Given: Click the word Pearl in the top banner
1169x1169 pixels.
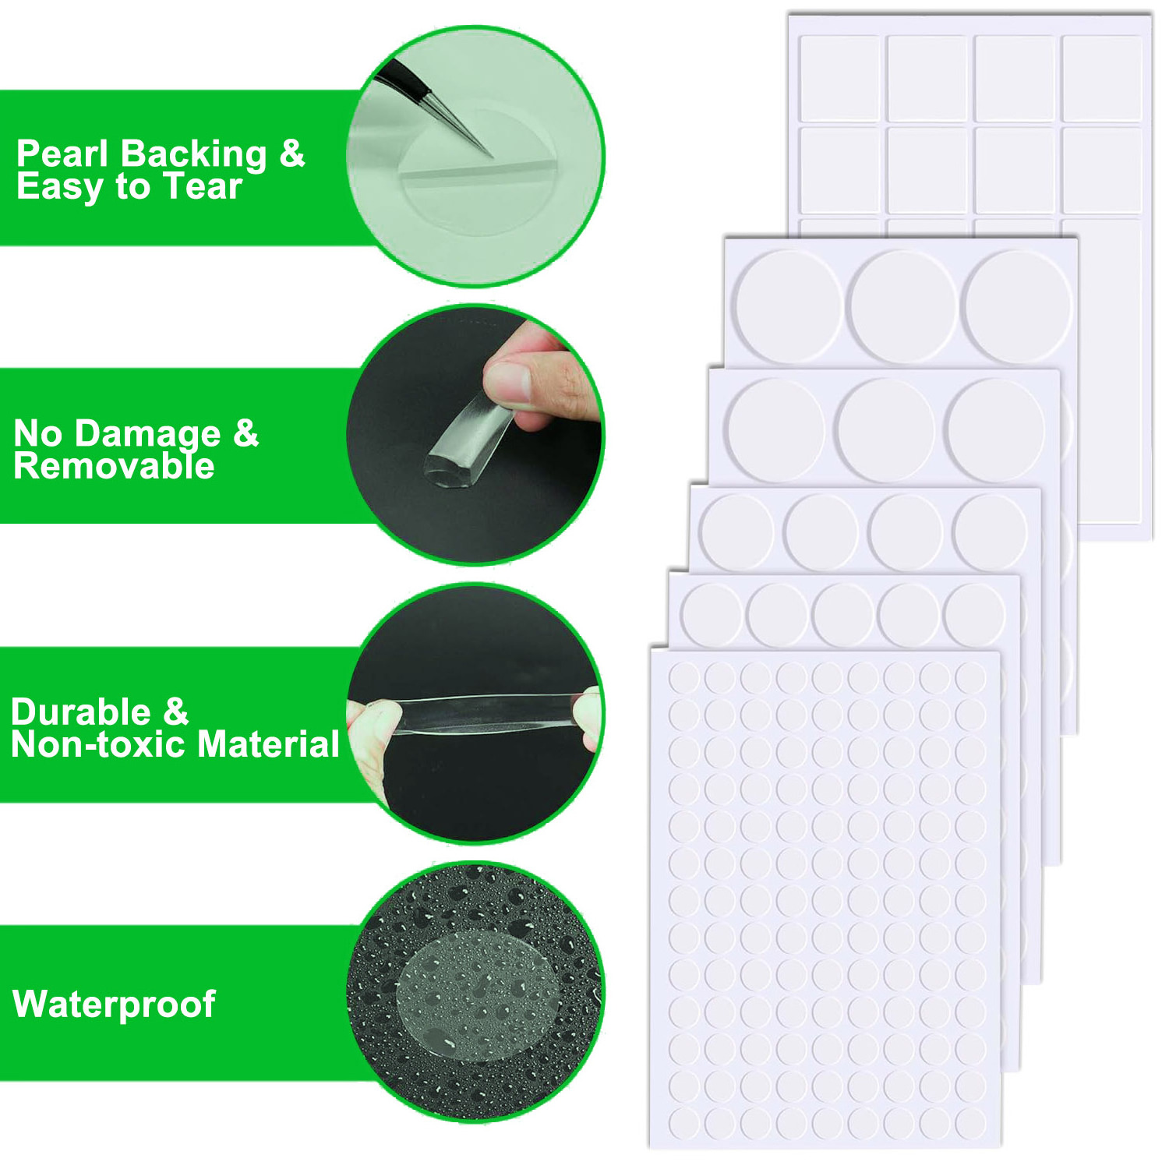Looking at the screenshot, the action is (x=62, y=154).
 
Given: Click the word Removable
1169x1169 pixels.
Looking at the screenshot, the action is (x=114, y=466).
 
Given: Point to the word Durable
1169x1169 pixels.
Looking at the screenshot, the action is (x=81, y=712).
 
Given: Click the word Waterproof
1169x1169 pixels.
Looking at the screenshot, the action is (x=114, y=1005).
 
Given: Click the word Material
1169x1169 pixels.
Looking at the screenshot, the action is (x=269, y=745).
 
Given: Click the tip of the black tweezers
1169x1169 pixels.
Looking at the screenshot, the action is (x=492, y=156).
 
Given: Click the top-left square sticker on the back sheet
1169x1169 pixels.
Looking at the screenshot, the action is (x=839, y=78).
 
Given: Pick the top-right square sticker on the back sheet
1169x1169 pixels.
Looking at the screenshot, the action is (x=1102, y=78).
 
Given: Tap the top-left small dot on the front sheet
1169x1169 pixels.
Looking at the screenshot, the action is (x=683, y=678).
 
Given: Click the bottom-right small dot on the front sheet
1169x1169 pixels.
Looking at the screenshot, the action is (x=971, y=1122).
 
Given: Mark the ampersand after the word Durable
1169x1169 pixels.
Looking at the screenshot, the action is (x=176, y=712).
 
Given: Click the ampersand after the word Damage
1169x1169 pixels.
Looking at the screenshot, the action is (x=245, y=433).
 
